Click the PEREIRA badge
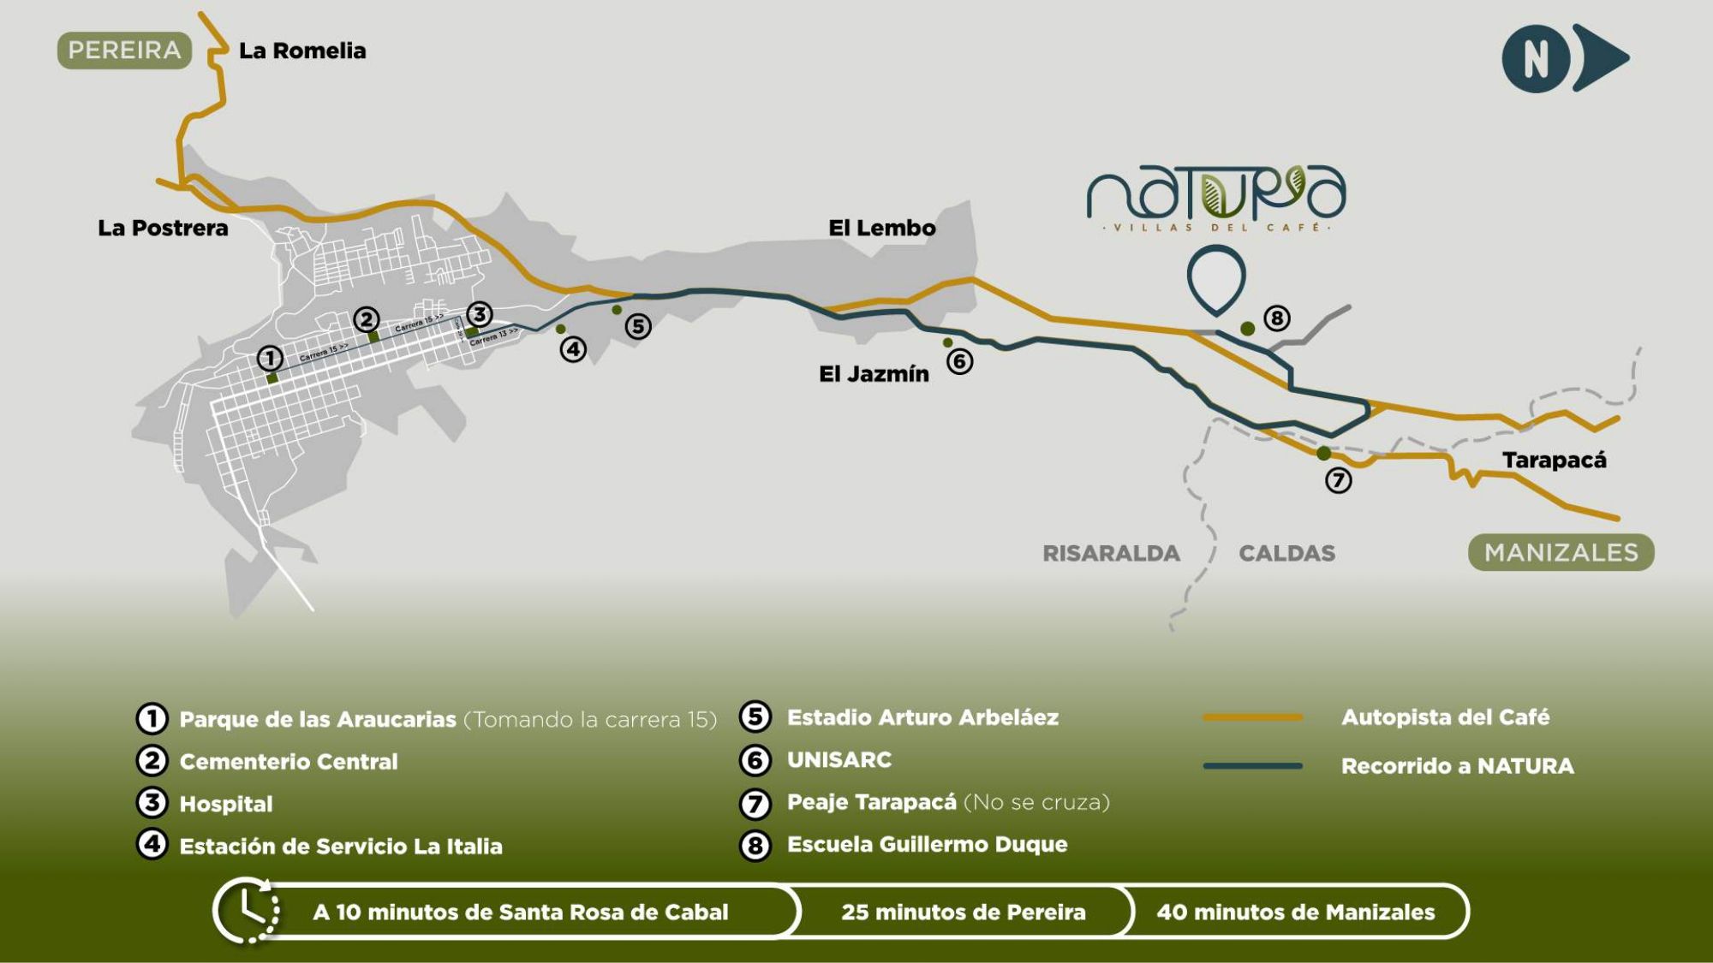pyautogui.click(x=124, y=51)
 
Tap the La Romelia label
pyautogui.click(x=302, y=51)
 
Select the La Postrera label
pyautogui.click(x=163, y=229)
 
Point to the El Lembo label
pyautogui.click(x=881, y=229)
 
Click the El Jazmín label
pyautogui.click(x=874, y=374)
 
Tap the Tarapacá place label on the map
pyautogui.click(x=1554, y=461)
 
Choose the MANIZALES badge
pyautogui.click(x=1561, y=553)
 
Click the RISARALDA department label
pyautogui.click(x=1111, y=554)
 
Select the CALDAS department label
pyautogui.click(x=1286, y=554)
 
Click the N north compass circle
pyautogui.click(x=1536, y=59)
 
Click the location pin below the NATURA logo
pyautogui.click(x=1216, y=276)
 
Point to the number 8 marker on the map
pyautogui.click(x=1276, y=318)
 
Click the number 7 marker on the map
pyautogui.click(x=1338, y=480)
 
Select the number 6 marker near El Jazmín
pyautogui.click(x=959, y=362)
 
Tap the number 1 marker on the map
pyautogui.click(x=270, y=358)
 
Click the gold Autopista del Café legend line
pyautogui.click(x=1252, y=717)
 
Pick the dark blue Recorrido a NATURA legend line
pyautogui.click(x=1252, y=766)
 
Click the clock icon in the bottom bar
pyautogui.click(x=248, y=911)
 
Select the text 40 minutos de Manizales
pyautogui.click(x=1295, y=912)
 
